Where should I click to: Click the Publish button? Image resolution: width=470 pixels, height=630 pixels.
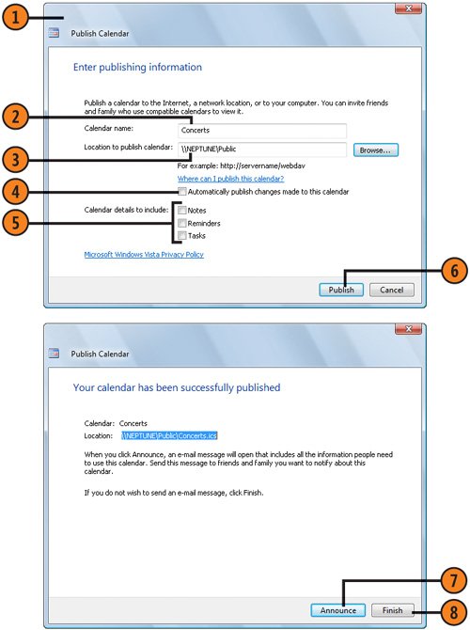tap(341, 290)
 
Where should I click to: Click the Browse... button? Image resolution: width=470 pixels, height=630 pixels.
tap(376, 150)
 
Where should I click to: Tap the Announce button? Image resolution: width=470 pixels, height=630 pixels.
tap(337, 610)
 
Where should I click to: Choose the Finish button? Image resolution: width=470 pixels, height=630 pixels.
tap(392, 610)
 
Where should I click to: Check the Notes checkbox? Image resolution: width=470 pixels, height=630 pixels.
tap(182, 210)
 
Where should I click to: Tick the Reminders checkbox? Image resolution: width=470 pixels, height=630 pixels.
tap(182, 223)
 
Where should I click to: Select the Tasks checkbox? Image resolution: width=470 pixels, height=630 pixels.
tap(182, 235)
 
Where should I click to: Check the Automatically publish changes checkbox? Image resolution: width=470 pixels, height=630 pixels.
tap(182, 191)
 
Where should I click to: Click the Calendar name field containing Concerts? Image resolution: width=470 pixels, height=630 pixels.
tap(262, 130)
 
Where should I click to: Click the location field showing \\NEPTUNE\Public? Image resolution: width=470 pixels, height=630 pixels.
tap(262, 150)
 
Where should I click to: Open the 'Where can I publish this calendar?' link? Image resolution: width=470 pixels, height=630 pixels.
tap(230, 179)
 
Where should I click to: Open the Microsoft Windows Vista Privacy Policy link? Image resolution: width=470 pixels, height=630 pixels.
tap(144, 254)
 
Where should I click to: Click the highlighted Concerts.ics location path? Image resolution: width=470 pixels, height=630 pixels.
tap(169, 435)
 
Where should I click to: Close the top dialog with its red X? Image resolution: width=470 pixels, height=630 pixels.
tap(408, 8)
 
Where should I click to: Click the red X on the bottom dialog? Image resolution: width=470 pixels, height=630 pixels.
tap(408, 329)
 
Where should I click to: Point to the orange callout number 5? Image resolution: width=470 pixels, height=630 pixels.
tap(15, 222)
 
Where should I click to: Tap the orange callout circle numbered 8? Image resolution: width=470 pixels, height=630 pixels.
tap(454, 612)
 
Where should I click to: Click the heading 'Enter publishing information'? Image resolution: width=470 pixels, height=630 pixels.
tap(137, 67)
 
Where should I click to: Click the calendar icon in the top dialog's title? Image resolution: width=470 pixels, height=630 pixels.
tap(54, 33)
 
